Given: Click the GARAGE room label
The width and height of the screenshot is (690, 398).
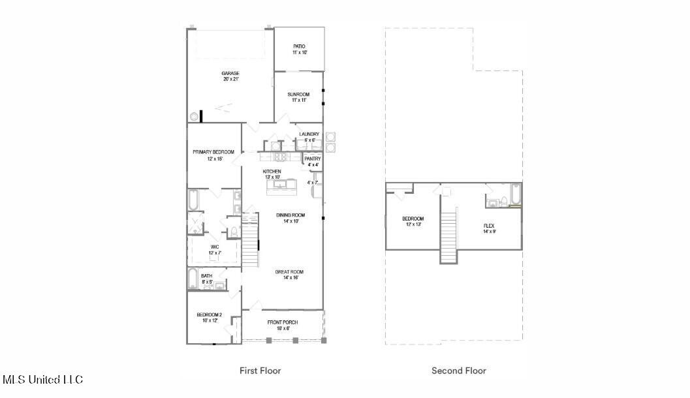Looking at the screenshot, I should pos(230,74).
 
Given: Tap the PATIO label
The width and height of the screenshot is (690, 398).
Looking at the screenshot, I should pos(299,46).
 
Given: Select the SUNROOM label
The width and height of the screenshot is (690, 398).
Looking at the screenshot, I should pos(298,95).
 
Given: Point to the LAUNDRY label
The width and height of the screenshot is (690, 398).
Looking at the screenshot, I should pos(309,134).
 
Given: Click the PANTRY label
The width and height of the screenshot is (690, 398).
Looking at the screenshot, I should pos(312,159).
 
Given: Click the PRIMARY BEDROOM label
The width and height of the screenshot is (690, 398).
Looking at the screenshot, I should pos(213,152).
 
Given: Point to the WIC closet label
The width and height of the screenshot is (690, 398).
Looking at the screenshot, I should pos(214,247).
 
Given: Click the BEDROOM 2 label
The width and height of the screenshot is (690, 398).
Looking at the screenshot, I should pos(210,315).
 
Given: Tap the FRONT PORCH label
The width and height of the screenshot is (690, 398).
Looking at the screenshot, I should pos(283,322).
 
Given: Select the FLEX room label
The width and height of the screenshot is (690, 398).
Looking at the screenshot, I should pos(489,226).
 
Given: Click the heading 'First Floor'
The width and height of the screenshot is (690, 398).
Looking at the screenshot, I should pos(260,371).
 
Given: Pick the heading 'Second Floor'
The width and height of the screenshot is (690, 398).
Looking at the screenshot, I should pos(458,371).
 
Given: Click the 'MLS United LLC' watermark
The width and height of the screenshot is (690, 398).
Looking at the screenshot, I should pos(43,379).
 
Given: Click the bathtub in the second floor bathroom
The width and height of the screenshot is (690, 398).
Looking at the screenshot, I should pos(515,194).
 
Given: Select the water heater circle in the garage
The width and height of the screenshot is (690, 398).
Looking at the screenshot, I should pos(194,116).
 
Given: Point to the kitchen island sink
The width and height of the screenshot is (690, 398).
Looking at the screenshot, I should pos(281,185).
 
